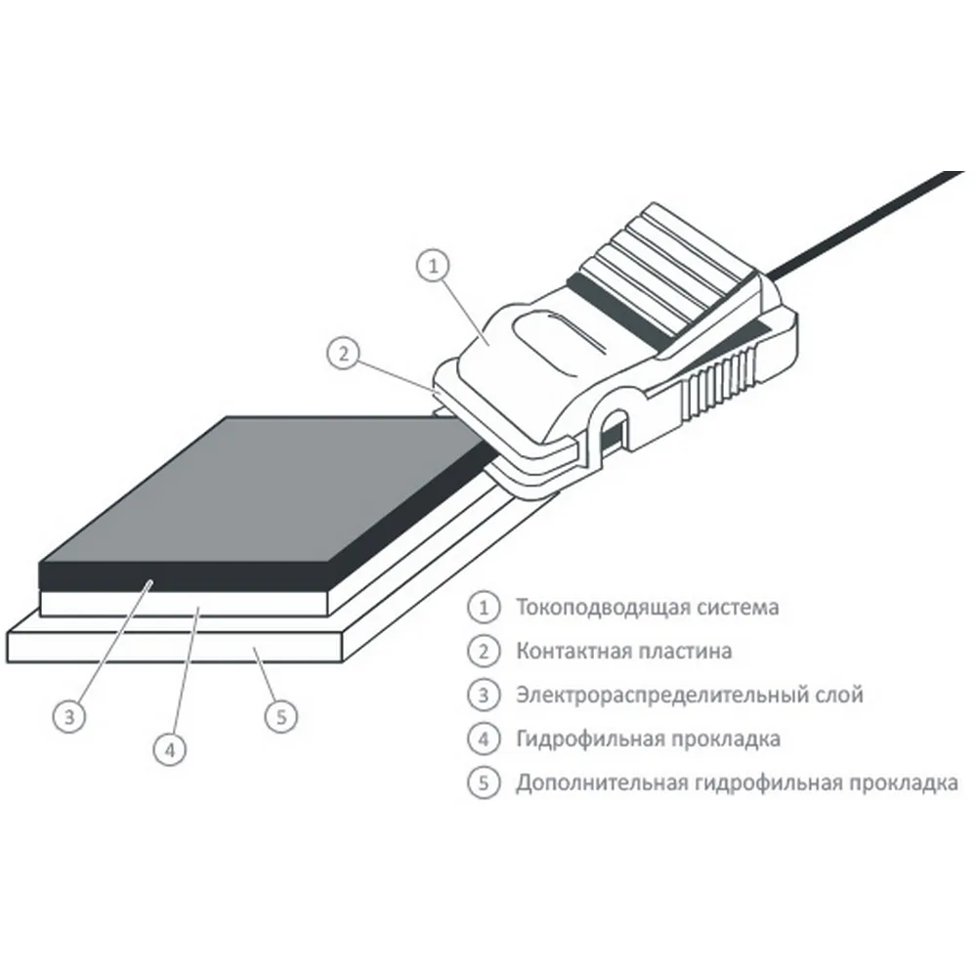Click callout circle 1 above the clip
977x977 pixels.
(x=433, y=266)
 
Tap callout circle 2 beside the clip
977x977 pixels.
(x=343, y=354)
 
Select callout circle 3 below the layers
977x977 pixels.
(x=69, y=716)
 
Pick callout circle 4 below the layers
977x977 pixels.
(x=170, y=749)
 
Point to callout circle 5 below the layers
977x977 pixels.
(x=281, y=716)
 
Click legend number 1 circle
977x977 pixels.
(x=484, y=607)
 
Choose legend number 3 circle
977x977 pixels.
(x=484, y=695)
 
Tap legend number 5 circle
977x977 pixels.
(x=484, y=783)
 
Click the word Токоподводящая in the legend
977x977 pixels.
(x=602, y=608)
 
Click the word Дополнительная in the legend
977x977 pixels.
(x=602, y=784)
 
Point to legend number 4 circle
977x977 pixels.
(x=484, y=739)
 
